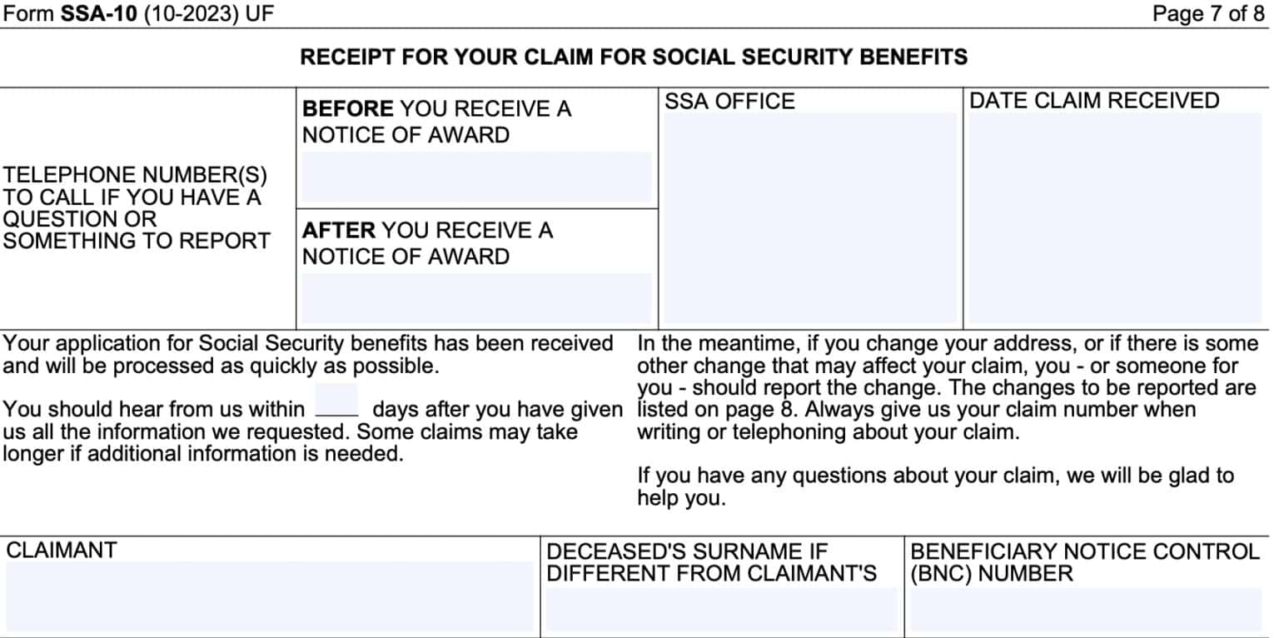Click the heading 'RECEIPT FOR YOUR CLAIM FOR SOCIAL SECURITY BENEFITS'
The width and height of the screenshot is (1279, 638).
coord(634,57)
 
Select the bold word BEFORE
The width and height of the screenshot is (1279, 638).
coord(347,109)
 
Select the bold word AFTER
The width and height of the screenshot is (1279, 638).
coord(338,230)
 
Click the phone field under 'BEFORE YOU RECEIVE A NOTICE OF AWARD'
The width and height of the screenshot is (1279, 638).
coord(475,178)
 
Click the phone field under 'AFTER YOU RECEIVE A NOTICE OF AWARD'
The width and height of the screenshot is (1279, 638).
coord(475,298)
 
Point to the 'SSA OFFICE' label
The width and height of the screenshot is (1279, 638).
coord(729,102)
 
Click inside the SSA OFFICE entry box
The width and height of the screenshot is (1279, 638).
coord(810,218)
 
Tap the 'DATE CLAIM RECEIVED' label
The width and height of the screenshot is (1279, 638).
coord(1094,101)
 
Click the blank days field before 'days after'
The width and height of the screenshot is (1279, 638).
coord(336,401)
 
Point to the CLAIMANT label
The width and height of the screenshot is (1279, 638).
coord(62,551)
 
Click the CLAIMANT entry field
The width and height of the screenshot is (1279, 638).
coord(269,596)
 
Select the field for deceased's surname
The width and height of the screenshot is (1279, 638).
coord(721,610)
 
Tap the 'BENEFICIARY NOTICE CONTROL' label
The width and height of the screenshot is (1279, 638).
coord(1084,551)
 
